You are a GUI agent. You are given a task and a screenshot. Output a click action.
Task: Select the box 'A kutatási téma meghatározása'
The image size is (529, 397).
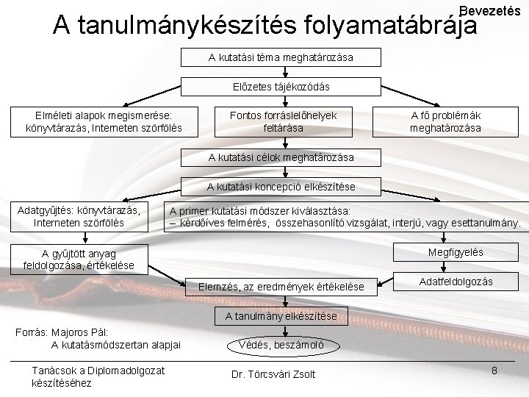tap(281, 57)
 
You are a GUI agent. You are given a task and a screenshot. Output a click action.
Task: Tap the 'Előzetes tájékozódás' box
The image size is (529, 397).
tap(281, 87)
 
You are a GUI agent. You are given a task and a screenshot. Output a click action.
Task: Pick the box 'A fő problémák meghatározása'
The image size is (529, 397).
tap(445, 121)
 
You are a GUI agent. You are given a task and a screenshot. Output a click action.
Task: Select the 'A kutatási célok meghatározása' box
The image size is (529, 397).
tap(281, 157)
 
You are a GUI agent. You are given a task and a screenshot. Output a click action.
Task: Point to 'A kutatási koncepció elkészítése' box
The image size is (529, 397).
tap(281, 187)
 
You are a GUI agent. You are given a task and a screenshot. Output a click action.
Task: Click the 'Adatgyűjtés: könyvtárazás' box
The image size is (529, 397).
tap(79, 215)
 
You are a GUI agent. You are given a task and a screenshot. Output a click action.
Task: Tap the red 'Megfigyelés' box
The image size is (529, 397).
tap(456, 252)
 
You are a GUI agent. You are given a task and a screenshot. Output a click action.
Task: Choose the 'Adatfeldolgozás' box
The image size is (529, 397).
tap(456, 282)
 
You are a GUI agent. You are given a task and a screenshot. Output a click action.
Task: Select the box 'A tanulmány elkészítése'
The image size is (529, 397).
tap(281, 316)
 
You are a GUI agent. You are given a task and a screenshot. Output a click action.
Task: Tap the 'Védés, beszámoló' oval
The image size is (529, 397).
tap(281, 345)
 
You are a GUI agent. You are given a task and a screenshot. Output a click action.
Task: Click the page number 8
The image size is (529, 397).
tap(494, 371)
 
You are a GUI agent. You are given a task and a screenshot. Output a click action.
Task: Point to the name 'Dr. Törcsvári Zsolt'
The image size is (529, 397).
tap(273, 374)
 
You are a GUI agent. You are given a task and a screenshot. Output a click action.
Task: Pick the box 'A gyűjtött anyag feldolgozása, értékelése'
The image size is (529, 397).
tap(79, 260)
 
